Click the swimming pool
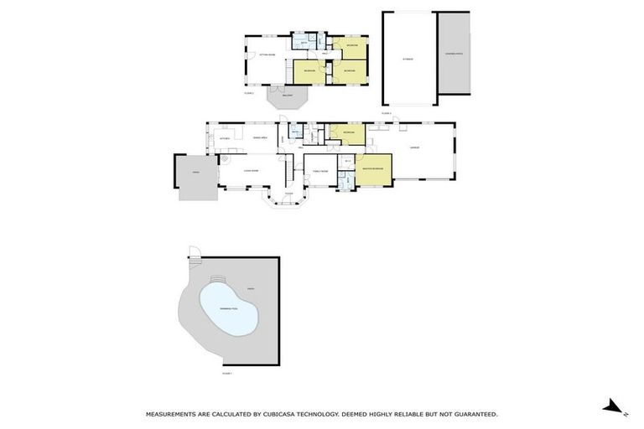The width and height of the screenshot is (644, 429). click(222, 308)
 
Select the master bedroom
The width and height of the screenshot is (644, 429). click(373, 169)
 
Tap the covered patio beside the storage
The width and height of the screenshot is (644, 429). click(454, 55)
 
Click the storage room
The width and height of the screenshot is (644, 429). click(409, 59)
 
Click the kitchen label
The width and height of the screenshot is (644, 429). click(224, 137)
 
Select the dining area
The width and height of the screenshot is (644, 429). click(260, 137)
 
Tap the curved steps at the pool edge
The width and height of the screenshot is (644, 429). click(216, 279)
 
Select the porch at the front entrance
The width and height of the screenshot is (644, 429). click(288, 199)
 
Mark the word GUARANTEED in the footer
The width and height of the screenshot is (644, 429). click(470, 414)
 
